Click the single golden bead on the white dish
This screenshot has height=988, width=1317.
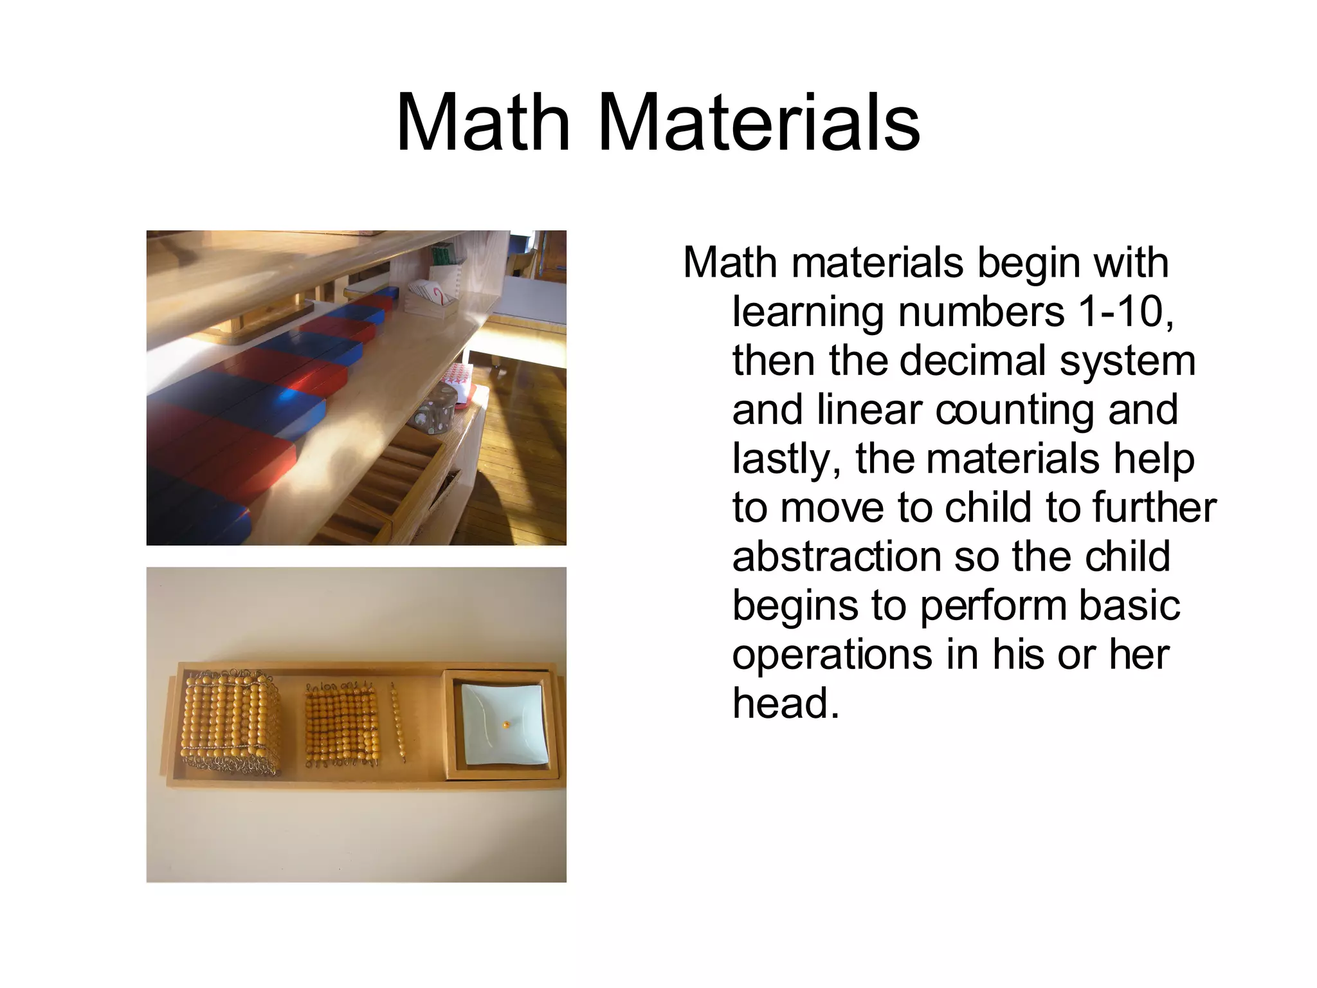click(507, 725)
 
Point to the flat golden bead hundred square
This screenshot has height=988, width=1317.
click(340, 724)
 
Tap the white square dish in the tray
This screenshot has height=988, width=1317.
click(505, 723)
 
